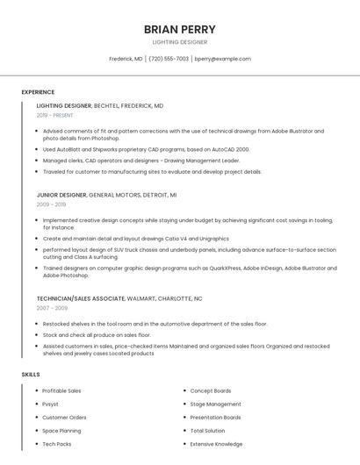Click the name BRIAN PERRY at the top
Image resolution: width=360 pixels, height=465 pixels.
tap(179, 29)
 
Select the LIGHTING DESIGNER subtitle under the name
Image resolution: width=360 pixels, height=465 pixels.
tap(179, 42)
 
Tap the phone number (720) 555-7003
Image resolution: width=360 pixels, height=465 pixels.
tap(169, 59)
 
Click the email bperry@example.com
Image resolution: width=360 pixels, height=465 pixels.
tap(222, 59)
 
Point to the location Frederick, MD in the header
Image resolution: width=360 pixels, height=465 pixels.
tap(126, 59)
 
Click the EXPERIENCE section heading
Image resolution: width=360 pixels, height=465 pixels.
tap(38, 92)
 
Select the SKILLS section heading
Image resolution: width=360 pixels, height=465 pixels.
tap(31, 375)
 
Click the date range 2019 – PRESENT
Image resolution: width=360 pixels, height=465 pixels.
tap(55, 115)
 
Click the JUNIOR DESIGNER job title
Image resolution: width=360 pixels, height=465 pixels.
tap(61, 194)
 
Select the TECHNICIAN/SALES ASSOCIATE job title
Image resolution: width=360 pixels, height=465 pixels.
tap(81, 298)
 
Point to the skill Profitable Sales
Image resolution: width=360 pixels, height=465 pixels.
tap(61, 390)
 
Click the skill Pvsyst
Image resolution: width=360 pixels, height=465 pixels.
tap(51, 404)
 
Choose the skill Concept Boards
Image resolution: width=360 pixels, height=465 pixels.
tap(211, 390)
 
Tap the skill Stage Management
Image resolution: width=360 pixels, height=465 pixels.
tap(215, 404)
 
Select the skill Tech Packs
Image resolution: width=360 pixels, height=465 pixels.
tap(57, 444)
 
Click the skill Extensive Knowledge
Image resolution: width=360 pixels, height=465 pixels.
tap(216, 444)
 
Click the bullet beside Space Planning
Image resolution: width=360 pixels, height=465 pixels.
tap(36, 431)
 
